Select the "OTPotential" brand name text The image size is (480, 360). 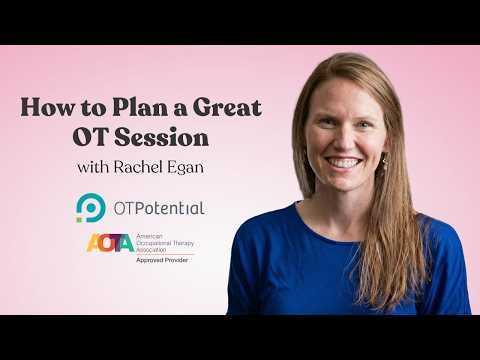pos(156,208)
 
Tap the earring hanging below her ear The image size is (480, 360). pos(384,161)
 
